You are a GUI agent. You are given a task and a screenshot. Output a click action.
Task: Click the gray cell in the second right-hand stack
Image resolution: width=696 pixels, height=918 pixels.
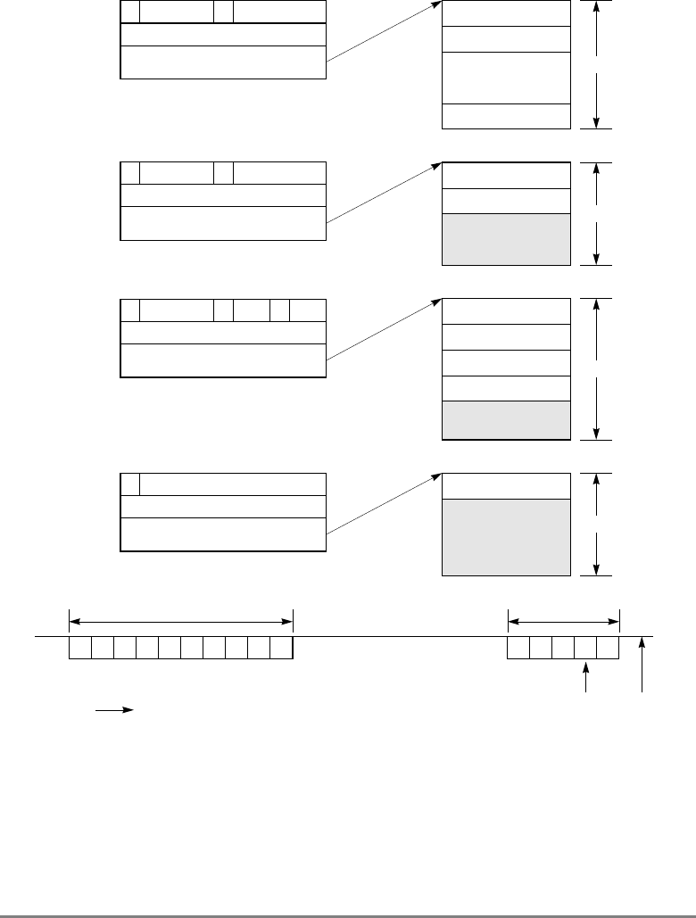[x=506, y=239]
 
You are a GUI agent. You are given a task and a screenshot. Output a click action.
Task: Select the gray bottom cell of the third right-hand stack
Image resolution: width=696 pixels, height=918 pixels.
[x=506, y=420]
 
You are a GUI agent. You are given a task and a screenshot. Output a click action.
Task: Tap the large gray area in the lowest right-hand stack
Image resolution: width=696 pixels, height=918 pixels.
[x=506, y=537]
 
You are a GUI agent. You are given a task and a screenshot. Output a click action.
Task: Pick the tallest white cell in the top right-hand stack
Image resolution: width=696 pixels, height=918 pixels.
[x=506, y=78]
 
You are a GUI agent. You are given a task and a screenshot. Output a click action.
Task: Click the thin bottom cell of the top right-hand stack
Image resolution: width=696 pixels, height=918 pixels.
[x=506, y=116]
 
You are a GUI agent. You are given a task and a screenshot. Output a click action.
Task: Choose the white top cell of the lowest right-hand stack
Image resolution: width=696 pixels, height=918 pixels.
[x=506, y=485]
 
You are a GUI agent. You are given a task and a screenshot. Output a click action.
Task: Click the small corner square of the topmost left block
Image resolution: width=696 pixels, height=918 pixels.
[x=129, y=12]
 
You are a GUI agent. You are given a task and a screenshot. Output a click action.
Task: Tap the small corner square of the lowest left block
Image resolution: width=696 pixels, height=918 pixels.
[x=129, y=484]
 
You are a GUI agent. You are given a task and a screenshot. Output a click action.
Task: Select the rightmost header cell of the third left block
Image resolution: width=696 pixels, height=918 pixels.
[x=308, y=310]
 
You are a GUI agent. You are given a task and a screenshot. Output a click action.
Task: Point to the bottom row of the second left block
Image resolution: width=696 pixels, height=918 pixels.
[x=222, y=223]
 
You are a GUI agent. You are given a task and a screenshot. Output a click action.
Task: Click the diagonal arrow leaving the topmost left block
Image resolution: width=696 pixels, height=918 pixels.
[x=384, y=33]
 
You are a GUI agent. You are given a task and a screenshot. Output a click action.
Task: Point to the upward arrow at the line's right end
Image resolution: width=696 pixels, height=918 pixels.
[x=642, y=665]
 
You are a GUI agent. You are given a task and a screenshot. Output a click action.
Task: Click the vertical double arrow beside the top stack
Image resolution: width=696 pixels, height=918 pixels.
[x=595, y=64]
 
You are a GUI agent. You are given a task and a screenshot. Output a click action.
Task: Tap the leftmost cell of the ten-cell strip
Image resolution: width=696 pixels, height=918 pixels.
[x=80, y=649]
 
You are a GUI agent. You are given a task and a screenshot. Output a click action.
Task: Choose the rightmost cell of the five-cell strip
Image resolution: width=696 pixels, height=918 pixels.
[x=609, y=649]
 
